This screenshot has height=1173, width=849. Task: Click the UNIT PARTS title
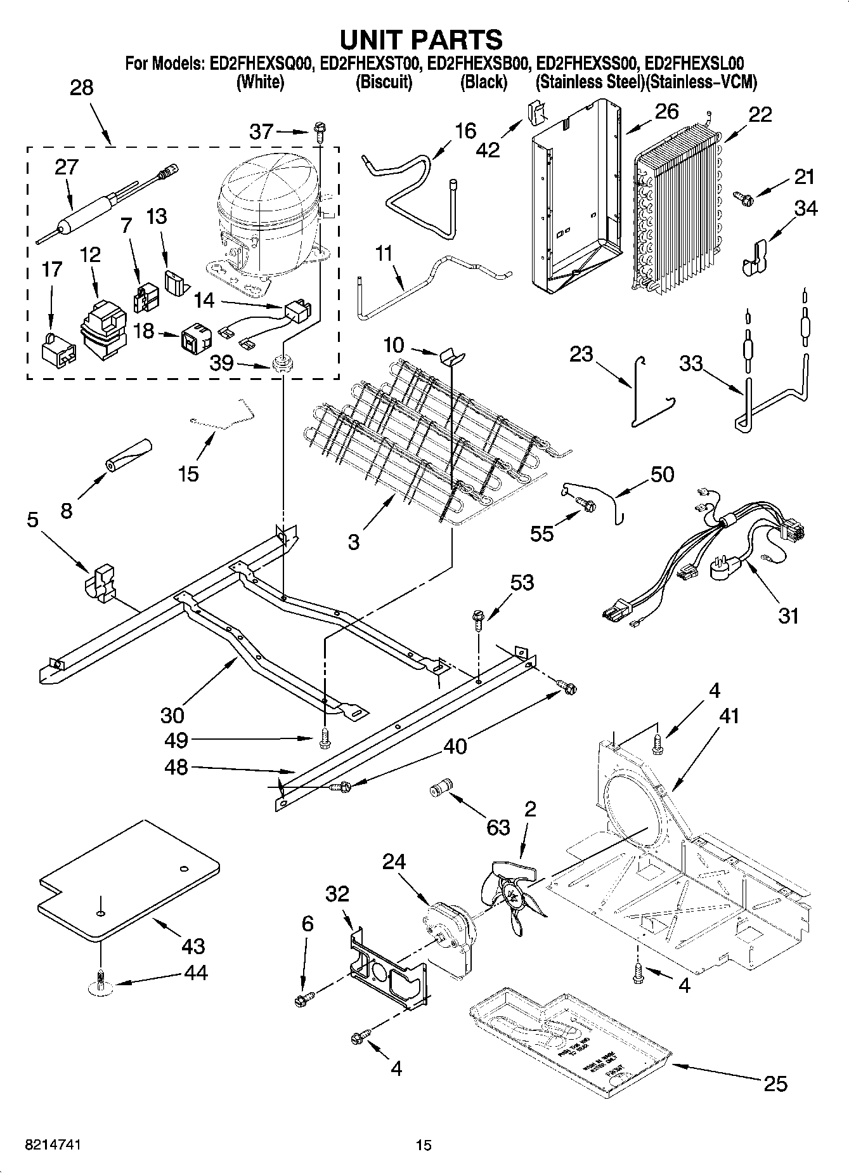pos(422,39)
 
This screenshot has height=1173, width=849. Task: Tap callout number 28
pos(81,88)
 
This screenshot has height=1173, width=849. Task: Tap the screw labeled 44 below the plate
pos(100,980)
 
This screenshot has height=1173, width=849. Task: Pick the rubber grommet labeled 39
pos(280,364)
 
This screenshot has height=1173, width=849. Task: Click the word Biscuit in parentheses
pos(384,82)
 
